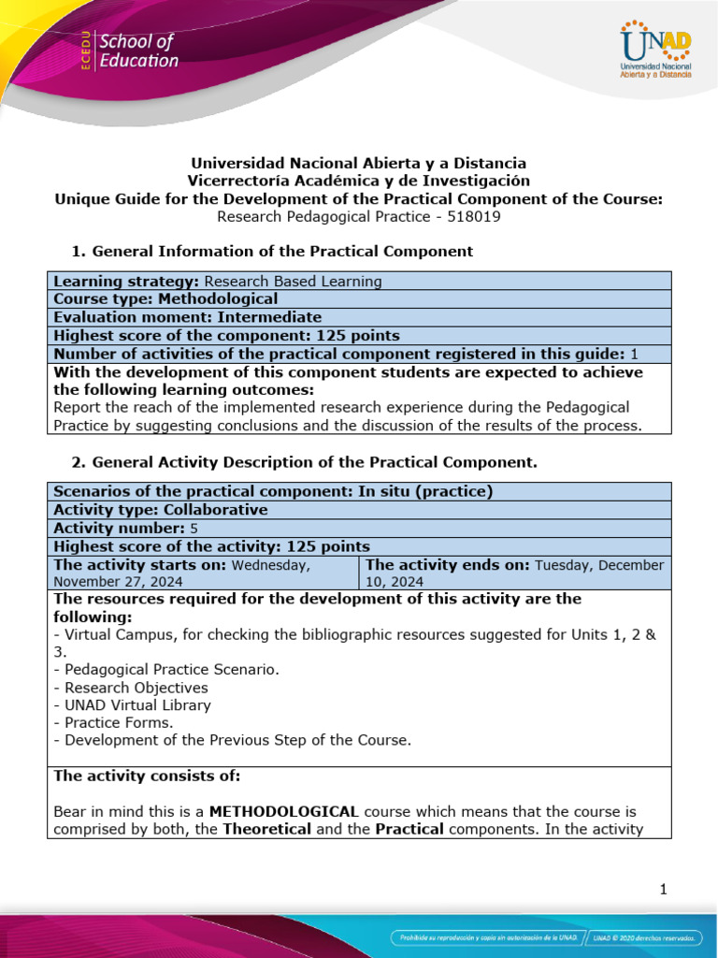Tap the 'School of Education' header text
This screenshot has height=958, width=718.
[137, 51]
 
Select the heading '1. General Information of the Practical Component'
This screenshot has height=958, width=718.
[272, 251]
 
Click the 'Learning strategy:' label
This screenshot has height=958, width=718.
[127, 281]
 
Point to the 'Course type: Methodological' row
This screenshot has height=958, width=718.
[165, 299]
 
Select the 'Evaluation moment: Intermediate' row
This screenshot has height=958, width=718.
[187, 317]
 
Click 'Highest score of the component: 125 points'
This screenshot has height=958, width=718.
[226, 336]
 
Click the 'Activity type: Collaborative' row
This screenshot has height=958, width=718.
[160, 510]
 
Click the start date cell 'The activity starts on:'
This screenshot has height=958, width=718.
[202, 573]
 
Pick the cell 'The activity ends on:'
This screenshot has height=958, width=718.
[514, 573]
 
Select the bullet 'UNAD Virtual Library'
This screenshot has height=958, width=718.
[132, 705]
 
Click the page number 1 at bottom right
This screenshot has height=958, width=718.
[663, 890]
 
